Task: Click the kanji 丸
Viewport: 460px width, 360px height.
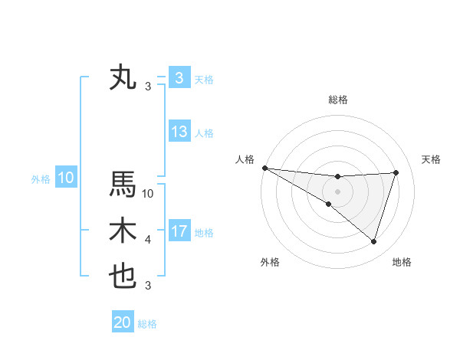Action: click(123, 78)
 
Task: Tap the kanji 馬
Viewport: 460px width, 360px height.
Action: click(123, 185)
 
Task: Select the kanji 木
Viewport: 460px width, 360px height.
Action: click(123, 231)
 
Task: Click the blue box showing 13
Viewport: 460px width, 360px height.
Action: click(179, 132)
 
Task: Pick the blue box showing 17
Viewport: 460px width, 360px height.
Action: click(179, 231)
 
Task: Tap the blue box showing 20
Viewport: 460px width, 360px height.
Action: click(123, 322)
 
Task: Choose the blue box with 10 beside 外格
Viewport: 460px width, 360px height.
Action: click(66, 178)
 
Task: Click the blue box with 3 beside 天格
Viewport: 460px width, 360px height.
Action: click(179, 78)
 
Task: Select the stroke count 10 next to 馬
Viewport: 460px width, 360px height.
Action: click(149, 194)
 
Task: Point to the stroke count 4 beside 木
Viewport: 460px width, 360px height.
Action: click(148, 240)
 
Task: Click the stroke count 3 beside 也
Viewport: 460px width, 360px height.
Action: click(148, 286)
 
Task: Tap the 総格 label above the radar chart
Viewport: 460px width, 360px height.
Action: click(337, 100)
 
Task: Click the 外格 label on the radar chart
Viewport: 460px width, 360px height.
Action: click(270, 262)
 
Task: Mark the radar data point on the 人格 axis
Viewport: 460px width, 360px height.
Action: click(264, 167)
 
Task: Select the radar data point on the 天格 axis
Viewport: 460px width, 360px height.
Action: click(396, 172)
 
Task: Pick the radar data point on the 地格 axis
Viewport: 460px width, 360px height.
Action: click(373, 241)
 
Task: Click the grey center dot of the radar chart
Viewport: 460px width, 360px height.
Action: click(337, 191)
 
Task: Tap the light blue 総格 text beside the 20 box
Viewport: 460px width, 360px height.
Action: click(147, 324)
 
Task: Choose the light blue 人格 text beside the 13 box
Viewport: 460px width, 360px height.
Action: click(204, 133)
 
